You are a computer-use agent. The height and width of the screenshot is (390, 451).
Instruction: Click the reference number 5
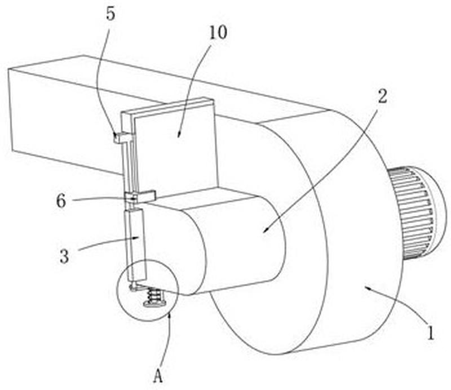110,14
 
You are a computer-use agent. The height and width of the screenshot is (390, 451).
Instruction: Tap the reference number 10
218,32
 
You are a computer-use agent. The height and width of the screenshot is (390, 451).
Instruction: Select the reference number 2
382,96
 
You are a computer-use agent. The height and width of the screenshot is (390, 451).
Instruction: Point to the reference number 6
61,201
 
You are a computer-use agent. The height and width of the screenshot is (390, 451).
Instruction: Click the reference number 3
64,256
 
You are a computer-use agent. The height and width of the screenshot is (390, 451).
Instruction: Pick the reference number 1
430,333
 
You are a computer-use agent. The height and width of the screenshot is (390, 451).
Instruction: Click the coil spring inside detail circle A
154,296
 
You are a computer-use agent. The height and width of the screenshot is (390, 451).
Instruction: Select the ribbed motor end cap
417,212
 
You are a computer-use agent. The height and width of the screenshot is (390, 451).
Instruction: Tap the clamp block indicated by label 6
140,197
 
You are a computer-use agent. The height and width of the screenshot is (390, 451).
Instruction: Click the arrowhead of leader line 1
366,286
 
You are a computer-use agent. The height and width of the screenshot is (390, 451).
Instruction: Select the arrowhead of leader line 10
178,136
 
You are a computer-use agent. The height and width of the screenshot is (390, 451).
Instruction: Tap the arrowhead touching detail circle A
170,314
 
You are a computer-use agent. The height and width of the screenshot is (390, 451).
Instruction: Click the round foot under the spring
154,303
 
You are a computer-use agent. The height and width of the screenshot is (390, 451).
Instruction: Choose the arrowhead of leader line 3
138,237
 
